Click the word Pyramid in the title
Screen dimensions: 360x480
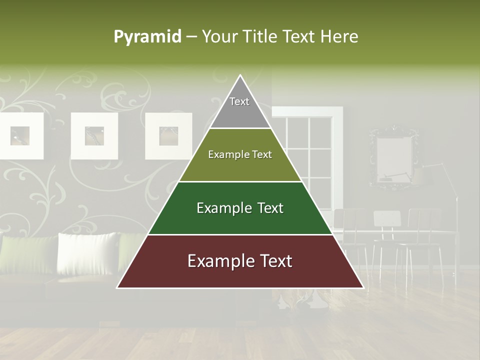click(147, 37)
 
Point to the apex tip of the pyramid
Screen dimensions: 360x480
click(240, 76)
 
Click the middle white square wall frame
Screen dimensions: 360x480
click(94, 135)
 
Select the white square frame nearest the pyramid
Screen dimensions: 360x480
click(168, 135)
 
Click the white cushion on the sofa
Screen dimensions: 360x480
click(87, 252)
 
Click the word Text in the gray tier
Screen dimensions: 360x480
click(239, 101)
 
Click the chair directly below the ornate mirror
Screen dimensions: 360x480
click(387, 235)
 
